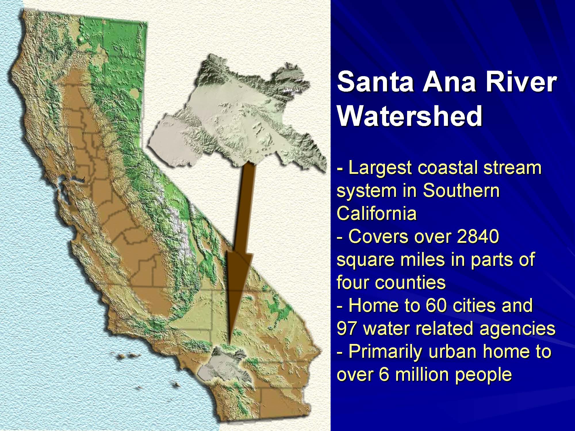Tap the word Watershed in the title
coord(409,116)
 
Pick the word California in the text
coord(377,213)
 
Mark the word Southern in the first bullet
coord(461,190)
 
